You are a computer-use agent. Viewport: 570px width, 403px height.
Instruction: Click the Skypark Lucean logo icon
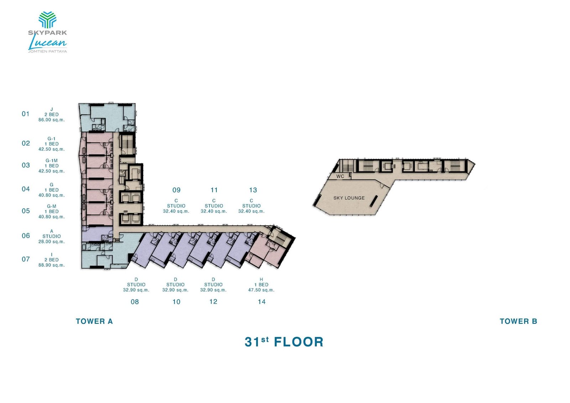[x=47, y=20]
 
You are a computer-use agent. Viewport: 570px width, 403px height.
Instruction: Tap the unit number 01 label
[x=26, y=114]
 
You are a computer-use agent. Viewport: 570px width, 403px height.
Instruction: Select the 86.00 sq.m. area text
[x=52, y=120]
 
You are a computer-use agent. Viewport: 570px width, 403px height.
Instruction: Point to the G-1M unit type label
[x=52, y=161]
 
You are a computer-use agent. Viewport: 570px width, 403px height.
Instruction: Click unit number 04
[x=26, y=189]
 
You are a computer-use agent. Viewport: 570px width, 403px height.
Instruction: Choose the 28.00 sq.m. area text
[x=52, y=242]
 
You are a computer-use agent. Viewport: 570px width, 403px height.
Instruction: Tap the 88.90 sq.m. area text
[x=52, y=265]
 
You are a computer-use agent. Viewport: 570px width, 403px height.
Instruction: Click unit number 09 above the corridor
[x=176, y=190]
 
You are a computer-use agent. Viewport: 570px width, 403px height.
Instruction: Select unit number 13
[x=253, y=190]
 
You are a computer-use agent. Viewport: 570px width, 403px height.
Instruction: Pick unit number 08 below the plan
[x=135, y=302]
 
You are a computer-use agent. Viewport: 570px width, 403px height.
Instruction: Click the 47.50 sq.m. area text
[x=261, y=290]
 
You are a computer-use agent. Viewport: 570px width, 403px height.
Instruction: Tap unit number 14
[x=261, y=302]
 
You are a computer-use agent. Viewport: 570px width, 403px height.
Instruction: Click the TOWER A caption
[x=94, y=321]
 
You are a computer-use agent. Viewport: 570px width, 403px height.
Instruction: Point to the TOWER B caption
[x=518, y=321]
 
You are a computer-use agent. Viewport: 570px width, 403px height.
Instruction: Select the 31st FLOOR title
[x=284, y=342]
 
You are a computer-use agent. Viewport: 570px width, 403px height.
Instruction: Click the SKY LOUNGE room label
[x=349, y=198]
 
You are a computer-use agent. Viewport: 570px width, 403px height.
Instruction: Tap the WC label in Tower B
[x=340, y=176]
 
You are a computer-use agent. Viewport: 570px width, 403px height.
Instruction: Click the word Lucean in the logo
[x=47, y=43]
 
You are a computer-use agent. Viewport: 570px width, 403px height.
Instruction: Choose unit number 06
[x=26, y=236]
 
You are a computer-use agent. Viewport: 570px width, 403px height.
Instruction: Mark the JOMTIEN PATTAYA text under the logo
[x=47, y=51]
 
